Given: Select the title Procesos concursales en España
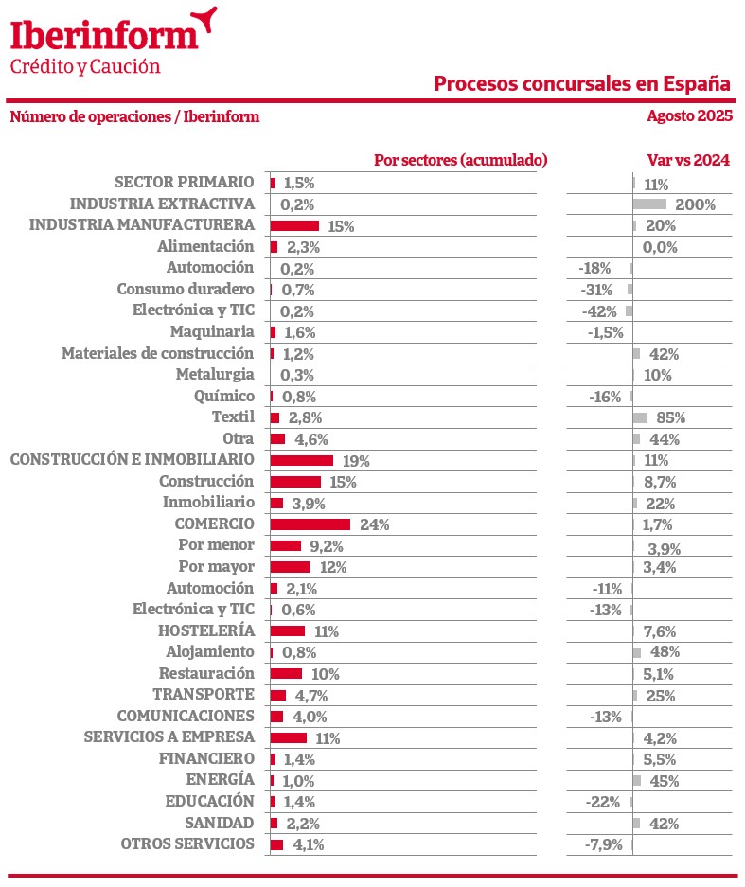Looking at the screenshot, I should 582,83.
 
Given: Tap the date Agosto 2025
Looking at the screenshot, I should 689,116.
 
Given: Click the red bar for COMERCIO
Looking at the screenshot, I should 310,524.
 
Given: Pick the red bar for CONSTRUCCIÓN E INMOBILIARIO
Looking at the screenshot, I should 301,460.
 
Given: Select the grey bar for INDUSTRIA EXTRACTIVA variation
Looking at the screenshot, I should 649,204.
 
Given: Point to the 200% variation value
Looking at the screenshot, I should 695,204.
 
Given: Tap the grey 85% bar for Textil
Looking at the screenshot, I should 640,417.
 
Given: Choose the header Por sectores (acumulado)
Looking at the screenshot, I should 461,160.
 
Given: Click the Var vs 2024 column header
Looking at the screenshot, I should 688,160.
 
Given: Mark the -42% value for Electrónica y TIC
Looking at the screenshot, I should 599,311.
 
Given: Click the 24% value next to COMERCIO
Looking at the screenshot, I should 374,525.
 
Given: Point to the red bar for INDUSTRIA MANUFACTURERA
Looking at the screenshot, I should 294,225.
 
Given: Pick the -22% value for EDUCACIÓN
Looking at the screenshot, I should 604,802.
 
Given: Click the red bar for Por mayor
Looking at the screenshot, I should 290,567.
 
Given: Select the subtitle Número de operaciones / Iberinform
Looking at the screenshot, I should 134,116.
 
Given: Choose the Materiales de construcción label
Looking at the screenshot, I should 158,353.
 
